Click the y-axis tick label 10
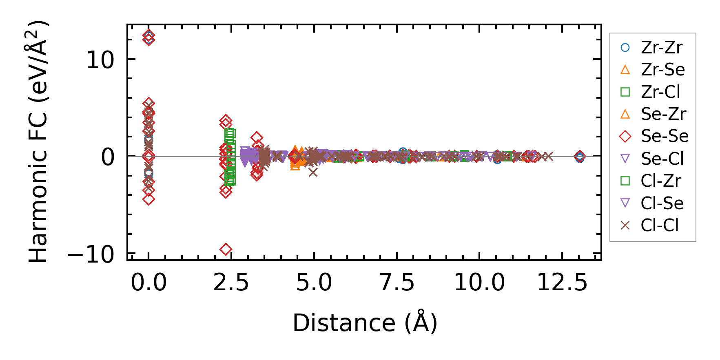[100, 60]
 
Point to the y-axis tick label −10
[91, 255]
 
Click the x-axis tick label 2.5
[231, 282]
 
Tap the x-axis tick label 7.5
[397, 282]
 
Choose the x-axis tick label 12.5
[562, 282]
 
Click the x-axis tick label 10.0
[479, 282]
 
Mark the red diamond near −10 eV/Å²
[226, 249]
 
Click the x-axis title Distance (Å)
[365, 323]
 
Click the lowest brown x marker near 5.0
[313, 172]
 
